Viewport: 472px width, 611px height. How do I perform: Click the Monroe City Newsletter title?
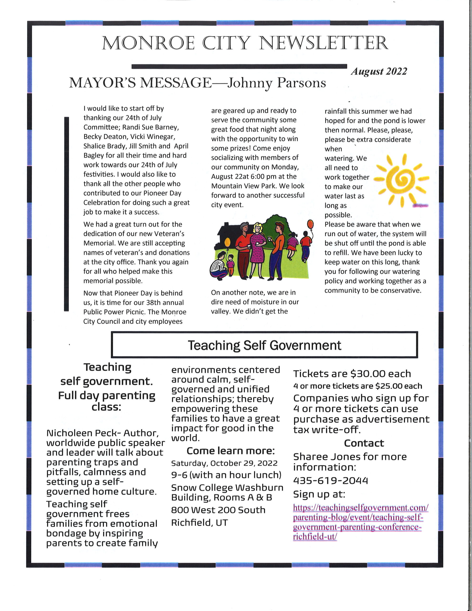pos(245,43)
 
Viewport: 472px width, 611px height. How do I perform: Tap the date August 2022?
pos(379,72)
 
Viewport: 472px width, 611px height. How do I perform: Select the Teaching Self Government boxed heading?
pos(264,345)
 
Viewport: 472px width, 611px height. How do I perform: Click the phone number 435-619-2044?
pos(330,481)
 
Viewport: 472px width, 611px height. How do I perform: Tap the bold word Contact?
pos(364,443)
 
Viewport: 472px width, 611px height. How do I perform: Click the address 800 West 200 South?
pos(218,510)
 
